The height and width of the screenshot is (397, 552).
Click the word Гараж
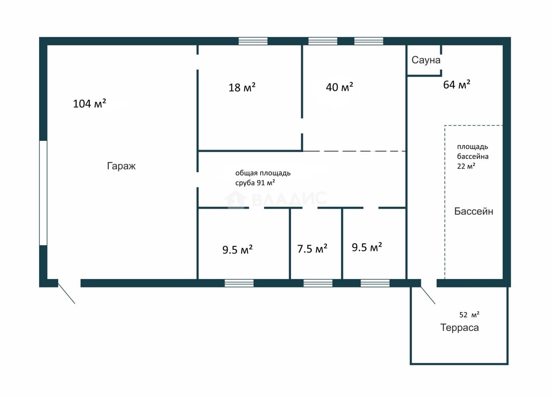[x=121, y=166]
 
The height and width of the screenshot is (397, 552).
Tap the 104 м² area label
[x=90, y=103]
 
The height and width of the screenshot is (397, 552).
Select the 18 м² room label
[x=242, y=88]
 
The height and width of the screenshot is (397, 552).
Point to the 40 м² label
[x=339, y=87]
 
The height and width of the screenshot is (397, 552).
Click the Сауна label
[x=426, y=60]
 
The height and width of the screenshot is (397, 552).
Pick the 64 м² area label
[x=456, y=85]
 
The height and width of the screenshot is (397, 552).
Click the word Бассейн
[x=474, y=211]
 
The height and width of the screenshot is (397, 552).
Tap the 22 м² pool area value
[x=466, y=166]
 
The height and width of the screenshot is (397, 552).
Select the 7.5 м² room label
[x=312, y=249]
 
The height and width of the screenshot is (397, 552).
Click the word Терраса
[x=460, y=328]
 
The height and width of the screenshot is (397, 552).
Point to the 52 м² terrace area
[x=469, y=315]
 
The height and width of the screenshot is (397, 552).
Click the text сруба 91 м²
[x=255, y=183]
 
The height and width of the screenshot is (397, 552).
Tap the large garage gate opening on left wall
[x=43, y=193]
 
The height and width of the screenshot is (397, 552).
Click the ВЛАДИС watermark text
[x=289, y=198]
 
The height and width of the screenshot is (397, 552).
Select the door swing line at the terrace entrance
[x=428, y=295]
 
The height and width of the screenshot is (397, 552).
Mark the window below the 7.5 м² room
[x=318, y=283]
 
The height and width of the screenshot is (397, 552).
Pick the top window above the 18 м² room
[x=253, y=41]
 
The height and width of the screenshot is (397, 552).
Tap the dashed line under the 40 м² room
[x=354, y=151]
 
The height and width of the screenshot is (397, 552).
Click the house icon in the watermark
[x=236, y=198]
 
